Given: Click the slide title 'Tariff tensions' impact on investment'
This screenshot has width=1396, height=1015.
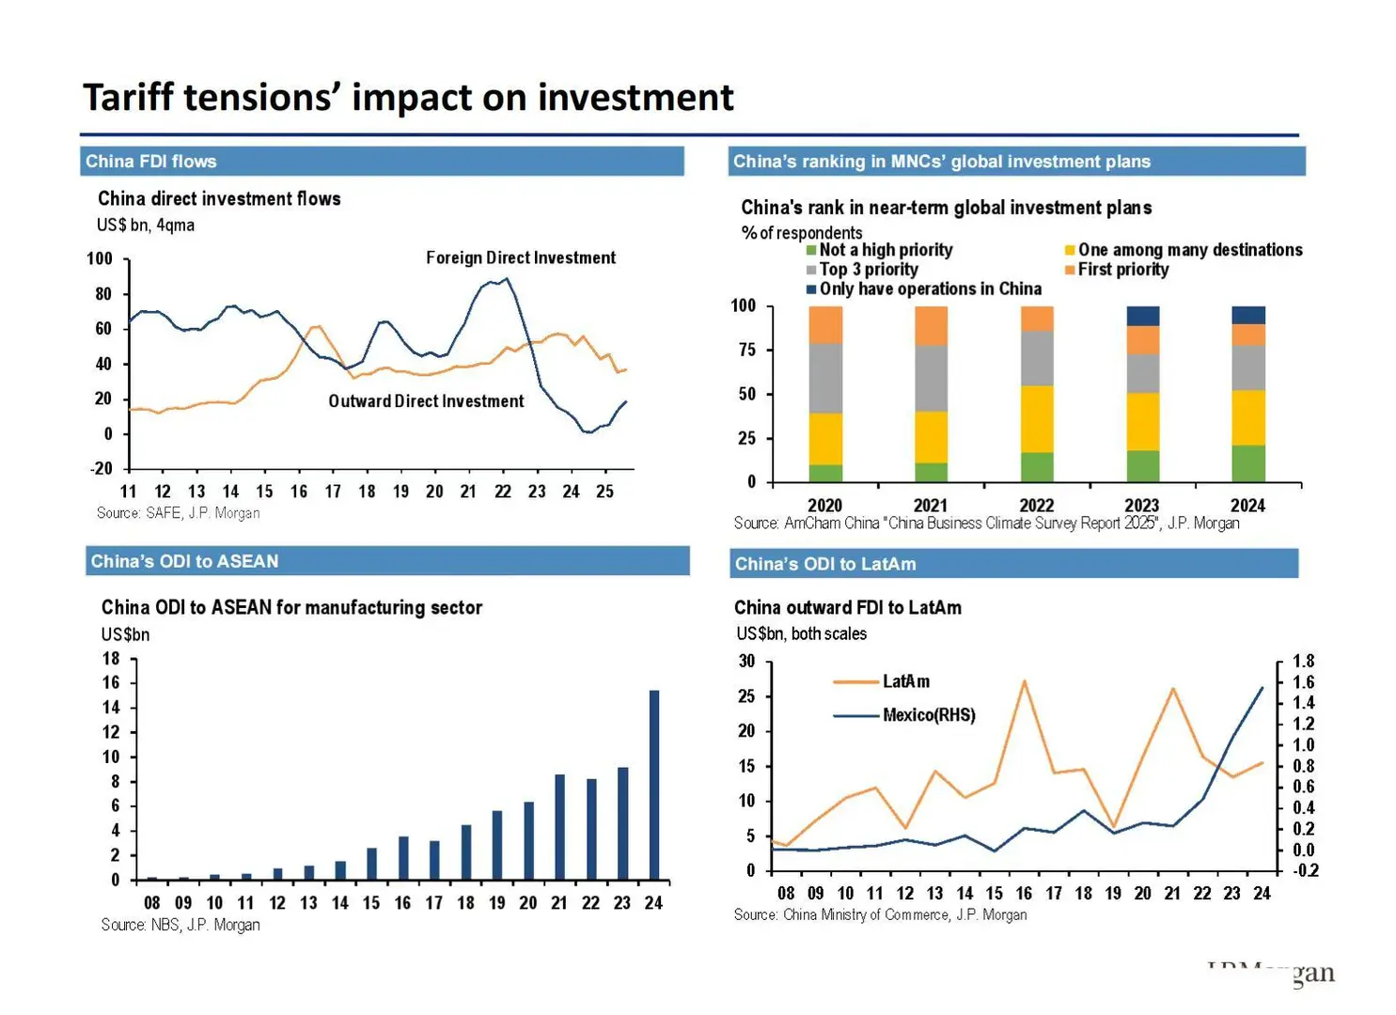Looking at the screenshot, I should pyautogui.click(x=408, y=98).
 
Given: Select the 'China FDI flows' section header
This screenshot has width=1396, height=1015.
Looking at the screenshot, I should pyautogui.click(x=151, y=162).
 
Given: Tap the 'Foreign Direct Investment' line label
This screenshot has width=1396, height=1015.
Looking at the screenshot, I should pyautogui.click(x=520, y=258).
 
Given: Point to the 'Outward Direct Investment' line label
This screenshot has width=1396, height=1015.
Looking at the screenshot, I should pyautogui.click(x=426, y=401).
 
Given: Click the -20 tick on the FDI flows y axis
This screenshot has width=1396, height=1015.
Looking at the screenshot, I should pyautogui.click(x=101, y=468).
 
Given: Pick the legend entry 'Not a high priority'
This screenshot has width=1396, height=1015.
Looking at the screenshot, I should pyautogui.click(x=885, y=250).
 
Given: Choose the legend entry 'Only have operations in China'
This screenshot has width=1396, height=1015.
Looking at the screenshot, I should pyautogui.click(x=929, y=289).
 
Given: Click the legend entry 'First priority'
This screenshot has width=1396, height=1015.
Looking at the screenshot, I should pyautogui.click(x=1122, y=270).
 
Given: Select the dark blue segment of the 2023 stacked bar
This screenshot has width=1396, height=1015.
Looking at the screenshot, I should pyautogui.click(x=1142, y=316).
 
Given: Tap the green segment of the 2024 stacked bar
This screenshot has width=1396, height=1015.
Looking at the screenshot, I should pyautogui.click(x=1248, y=463).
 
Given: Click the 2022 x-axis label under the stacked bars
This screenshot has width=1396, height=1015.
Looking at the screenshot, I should pyautogui.click(x=1036, y=505).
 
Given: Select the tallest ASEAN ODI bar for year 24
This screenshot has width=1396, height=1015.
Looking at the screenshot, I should pyautogui.click(x=653, y=785).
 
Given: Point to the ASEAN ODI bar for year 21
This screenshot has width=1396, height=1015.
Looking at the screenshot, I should pyautogui.click(x=559, y=827).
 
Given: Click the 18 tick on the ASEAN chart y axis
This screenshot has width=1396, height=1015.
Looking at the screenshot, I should pyautogui.click(x=111, y=658).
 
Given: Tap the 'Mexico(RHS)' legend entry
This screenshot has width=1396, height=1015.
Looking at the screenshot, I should pyautogui.click(x=928, y=715).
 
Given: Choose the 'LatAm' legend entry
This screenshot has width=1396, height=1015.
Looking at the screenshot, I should pyautogui.click(x=905, y=681).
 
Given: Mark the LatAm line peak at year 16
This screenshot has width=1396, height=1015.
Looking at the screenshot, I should pyautogui.click(x=1024, y=681).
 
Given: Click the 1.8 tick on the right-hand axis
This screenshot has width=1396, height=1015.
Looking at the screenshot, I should pyautogui.click(x=1303, y=661).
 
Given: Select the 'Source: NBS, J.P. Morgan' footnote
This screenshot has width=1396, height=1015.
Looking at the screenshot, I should pyautogui.click(x=180, y=925).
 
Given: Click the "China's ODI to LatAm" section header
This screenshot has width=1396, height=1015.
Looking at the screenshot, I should pyautogui.click(x=824, y=564).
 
